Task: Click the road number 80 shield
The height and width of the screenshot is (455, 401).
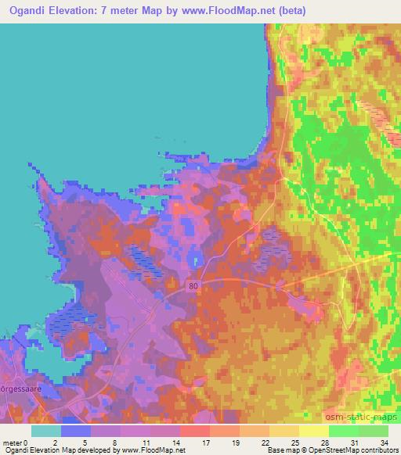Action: coord(193,287)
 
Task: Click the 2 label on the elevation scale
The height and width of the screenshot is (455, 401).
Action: coord(53,442)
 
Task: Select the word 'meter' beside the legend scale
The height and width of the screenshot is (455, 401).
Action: coord(13,442)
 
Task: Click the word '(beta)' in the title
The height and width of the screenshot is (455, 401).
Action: coord(288,11)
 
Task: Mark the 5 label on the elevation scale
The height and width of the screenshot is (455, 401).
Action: coord(83,442)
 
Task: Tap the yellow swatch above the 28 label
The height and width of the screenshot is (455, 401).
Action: coord(313,431)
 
